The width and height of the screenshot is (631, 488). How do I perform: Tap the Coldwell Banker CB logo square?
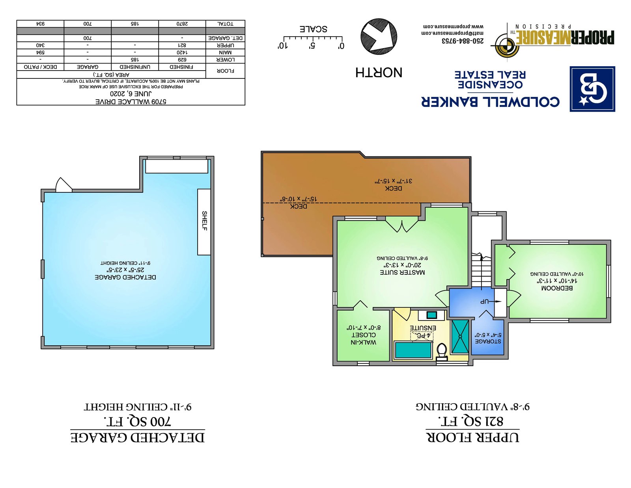592,89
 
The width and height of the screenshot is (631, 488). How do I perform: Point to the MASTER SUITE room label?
402,272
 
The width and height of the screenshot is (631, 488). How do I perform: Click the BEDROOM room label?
557,288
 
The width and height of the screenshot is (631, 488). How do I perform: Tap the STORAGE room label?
488,341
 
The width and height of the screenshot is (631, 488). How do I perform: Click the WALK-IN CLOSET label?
363,339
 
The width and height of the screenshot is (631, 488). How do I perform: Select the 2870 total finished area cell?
182,24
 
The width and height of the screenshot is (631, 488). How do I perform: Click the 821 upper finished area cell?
182,45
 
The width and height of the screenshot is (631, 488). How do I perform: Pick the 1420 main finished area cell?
182,52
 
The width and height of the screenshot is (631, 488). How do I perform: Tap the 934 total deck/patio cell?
40,24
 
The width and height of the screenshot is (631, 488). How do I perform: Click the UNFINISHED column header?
135,67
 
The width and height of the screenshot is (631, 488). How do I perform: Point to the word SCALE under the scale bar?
313,29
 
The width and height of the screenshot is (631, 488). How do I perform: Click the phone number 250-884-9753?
463,41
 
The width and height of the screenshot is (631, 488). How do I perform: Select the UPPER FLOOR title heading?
472,437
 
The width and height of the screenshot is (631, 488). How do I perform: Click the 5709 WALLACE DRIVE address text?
131,102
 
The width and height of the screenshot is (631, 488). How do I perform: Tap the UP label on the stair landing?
485,302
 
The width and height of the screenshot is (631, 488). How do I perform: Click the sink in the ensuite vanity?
432,315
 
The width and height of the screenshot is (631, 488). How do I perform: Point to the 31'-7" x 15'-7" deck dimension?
393,181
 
